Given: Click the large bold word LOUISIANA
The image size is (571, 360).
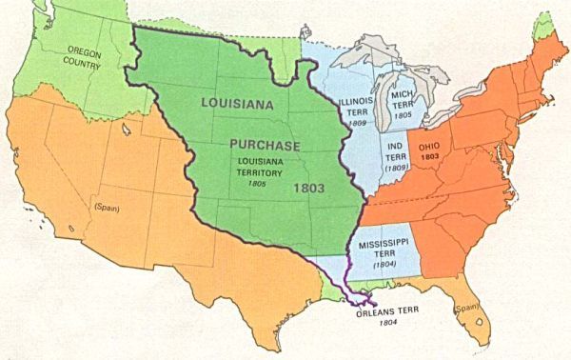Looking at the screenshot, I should [246, 101].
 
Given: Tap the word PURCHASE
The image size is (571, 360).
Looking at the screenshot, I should [264, 145].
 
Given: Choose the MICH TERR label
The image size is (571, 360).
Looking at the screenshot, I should [401, 101].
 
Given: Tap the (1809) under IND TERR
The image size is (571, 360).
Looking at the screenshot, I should [395, 167].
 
